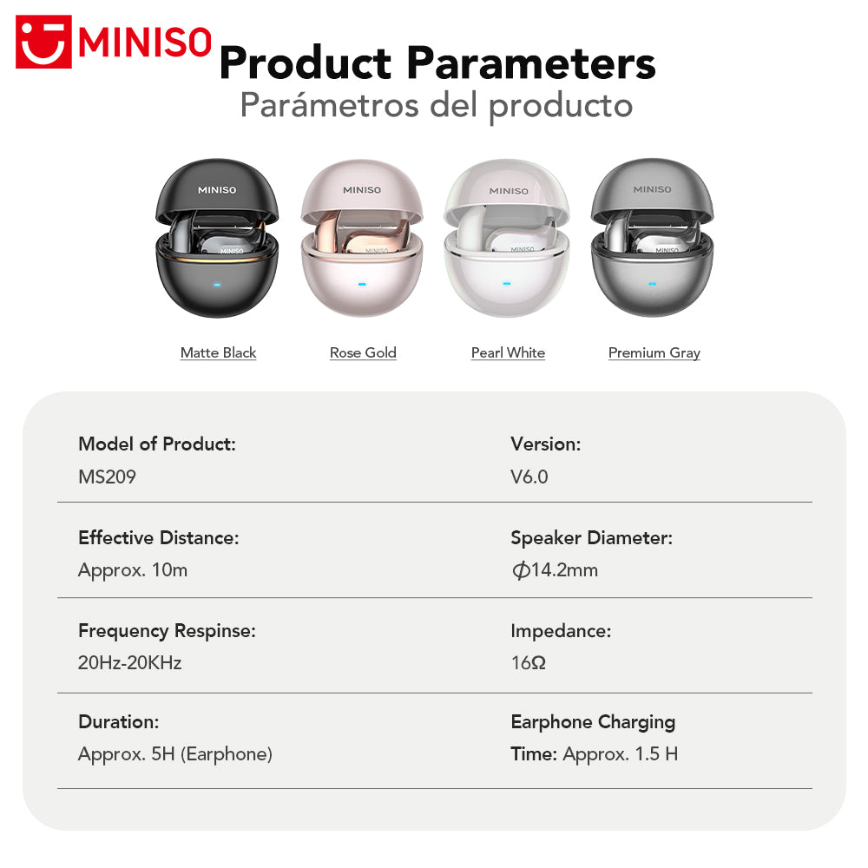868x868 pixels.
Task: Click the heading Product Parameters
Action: click(x=437, y=62)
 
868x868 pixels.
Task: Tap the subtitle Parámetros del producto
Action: click(x=436, y=105)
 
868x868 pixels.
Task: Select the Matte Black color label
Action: click(x=218, y=352)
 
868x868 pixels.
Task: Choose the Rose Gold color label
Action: click(x=363, y=352)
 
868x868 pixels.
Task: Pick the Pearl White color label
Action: click(x=508, y=352)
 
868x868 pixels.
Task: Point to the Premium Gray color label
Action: click(x=654, y=352)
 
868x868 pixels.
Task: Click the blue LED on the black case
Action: click(x=217, y=284)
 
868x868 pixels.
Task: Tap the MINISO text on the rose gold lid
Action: click(x=362, y=190)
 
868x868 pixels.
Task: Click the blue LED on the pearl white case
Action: click(x=508, y=284)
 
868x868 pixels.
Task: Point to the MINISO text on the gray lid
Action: click(x=652, y=189)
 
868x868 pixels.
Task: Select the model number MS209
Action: click(x=107, y=477)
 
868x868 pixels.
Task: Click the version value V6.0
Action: click(x=529, y=477)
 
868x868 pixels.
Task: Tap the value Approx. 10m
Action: click(x=133, y=570)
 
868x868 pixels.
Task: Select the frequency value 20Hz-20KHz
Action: click(x=129, y=663)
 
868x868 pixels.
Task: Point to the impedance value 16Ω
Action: click(x=528, y=663)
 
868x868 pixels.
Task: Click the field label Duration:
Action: click(x=118, y=721)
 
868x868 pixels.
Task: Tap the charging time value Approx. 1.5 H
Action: click(x=620, y=754)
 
